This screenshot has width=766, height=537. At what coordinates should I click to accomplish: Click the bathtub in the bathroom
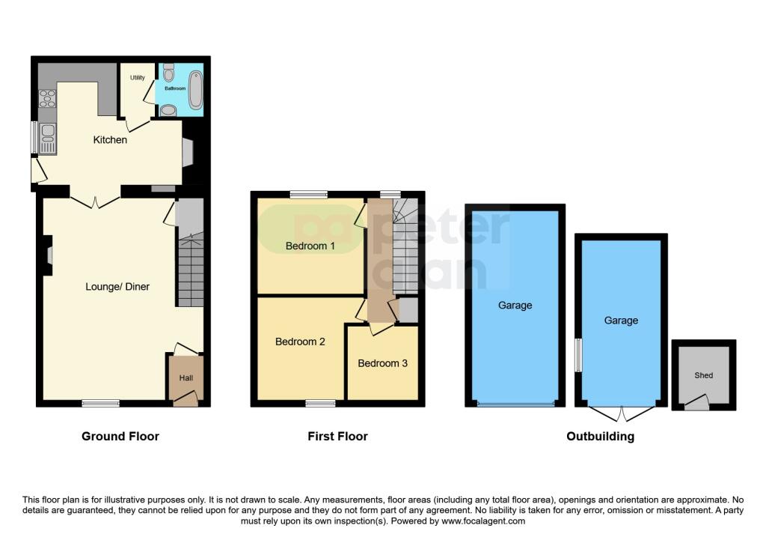196,89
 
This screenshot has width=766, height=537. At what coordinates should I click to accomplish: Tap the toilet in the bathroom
168,73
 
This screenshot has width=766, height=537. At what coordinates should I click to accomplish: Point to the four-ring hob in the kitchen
47,99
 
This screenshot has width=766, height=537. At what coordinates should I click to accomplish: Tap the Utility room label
137,78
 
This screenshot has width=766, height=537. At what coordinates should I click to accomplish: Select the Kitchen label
110,140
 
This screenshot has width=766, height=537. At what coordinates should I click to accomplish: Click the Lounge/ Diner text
117,286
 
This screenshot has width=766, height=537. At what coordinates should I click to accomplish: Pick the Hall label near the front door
186,377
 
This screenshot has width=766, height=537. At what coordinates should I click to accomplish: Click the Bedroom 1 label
310,246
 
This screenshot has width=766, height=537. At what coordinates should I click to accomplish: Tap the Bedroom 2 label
300,342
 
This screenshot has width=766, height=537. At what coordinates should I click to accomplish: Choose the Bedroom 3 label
382,363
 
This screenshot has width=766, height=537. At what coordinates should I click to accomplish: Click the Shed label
703,375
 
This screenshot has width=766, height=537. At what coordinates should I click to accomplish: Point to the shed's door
697,404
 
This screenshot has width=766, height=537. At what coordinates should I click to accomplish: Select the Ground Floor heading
120,436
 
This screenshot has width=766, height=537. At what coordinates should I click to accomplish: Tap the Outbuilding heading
600,436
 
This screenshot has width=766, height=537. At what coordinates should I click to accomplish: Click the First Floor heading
337,436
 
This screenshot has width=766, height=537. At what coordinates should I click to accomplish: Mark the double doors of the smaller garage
622,413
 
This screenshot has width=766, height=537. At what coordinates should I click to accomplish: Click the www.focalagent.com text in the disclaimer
483,521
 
